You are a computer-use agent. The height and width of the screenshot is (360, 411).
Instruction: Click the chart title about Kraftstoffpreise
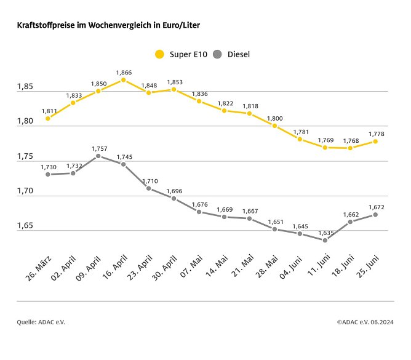coord(108,25)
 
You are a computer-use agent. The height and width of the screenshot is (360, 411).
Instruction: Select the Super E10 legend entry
coord(180,54)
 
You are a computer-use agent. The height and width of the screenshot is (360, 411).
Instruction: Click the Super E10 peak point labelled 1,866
coord(124,80)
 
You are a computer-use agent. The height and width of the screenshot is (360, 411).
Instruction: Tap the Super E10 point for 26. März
coord(48,118)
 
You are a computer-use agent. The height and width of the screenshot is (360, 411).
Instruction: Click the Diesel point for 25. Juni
coord(375,215)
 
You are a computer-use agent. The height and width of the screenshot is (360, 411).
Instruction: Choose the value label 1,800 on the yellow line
coord(274,118)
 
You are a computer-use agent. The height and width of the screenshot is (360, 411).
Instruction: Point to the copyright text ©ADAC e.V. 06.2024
coord(365,322)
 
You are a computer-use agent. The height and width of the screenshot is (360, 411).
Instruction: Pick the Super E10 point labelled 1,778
coord(375,142)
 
